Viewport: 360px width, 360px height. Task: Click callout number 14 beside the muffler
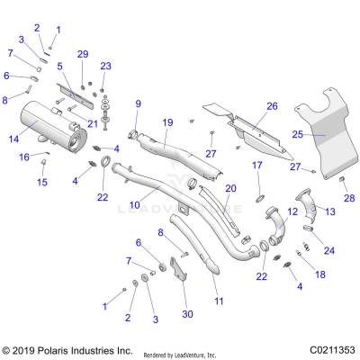(x=13, y=139)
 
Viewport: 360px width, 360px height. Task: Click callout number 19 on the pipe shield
(x=167, y=121)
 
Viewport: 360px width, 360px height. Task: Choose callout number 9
(x=138, y=104)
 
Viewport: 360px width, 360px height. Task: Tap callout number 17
(x=256, y=165)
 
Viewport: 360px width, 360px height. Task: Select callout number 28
(x=350, y=197)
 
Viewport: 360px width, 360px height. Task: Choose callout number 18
(x=319, y=273)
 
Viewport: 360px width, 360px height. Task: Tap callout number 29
(x=83, y=56)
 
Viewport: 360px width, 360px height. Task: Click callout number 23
(x=105, y=66)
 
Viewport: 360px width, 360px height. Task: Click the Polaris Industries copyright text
(x=55, y=349)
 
